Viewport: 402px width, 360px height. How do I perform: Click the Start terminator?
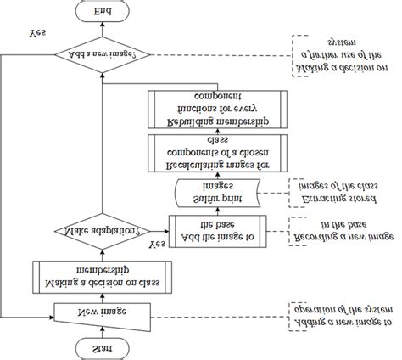coord(100,346)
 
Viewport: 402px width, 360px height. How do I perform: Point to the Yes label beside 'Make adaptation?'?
coord(156,244)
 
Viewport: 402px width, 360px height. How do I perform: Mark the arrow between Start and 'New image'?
coord(100,330)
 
